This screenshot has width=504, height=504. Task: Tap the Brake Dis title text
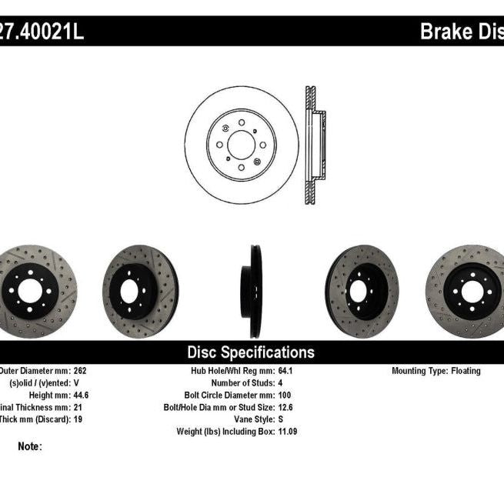point(461,32)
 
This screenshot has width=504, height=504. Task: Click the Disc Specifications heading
point(251,352)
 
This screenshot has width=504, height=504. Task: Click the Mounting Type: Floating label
point(436,371)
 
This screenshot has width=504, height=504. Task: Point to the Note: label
point(29,446)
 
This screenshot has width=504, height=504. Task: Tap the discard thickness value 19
point(77,419)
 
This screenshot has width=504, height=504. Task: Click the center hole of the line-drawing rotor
point(241,144)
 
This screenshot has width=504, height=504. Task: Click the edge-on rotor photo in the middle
point(252,291)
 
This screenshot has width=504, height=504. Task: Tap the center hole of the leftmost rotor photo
point(29,290)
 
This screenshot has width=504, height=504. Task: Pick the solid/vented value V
point(75,383)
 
